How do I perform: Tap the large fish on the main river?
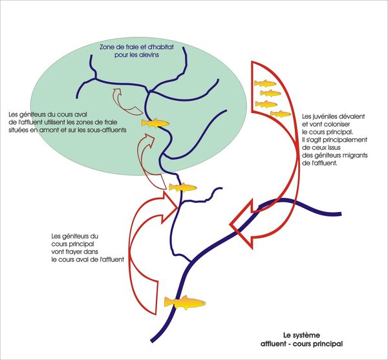(x=185, y=302)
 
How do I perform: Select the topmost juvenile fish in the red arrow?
(x=265, y=83)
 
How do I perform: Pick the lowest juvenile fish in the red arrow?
(x=281, y=114)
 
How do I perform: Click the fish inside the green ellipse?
(x=155, y=123)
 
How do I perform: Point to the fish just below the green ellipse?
(x=182, y=187)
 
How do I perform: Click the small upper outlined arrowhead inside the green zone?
(x=117, y=92)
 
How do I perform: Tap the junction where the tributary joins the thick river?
(x=190, y=261)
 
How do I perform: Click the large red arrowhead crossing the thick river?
(x=242, y=224)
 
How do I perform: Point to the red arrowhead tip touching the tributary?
(x=178, y=207)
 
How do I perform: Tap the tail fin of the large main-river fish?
(x=169, y=302)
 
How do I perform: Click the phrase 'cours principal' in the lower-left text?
(x=72, y=244)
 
